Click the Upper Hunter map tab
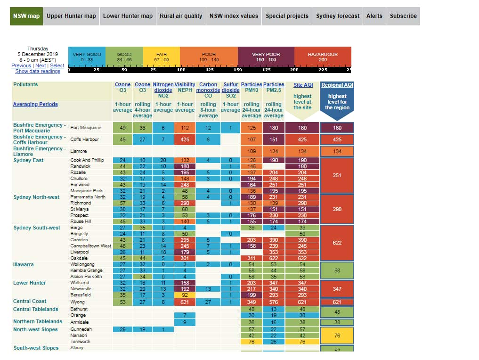(71, 16)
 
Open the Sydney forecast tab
(338, 16)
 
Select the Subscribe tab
(403, 16)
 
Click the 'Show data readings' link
(38, 72)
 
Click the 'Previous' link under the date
(21, 66)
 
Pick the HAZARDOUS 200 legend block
(323, 57)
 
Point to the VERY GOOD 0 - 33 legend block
(87, 57)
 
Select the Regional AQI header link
(337, 85)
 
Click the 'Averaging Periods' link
(35, 105)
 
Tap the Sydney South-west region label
(37, 228)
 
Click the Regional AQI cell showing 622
(337, 243)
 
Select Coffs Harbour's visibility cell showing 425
(185, 139)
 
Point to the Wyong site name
(77, 302)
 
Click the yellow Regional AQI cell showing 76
(337, 335)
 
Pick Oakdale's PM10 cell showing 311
(251, 258)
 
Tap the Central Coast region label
(30, 302)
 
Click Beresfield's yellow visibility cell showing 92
(185, 295)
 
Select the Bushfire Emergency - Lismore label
(39, 151)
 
